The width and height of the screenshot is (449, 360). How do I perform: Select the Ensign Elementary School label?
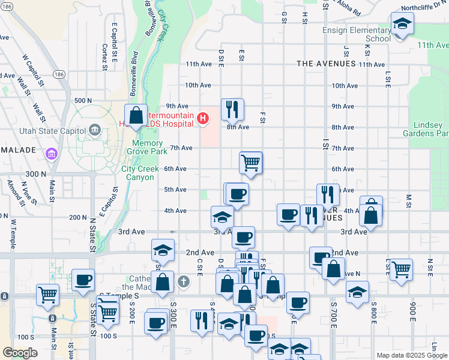(x=356, y=34)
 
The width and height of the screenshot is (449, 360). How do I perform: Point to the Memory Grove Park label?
(x=145, y=148)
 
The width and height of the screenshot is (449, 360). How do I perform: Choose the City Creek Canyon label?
(x=141, y=173)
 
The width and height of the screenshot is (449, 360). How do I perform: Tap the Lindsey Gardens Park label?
(x=431, y=129)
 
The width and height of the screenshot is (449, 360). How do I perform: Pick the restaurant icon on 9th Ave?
(x=232, y=109)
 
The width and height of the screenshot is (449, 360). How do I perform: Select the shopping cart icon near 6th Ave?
(x=250, y=162)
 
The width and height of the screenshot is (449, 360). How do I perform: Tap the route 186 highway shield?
(x=59, y=74)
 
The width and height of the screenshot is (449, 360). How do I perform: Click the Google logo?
(x=20, y=353)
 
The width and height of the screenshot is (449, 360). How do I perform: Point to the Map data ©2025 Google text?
(x=411, y=355)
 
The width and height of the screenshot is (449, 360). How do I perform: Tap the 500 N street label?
(x=82, y=100)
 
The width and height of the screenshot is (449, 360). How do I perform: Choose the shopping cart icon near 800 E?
(x=400, y=268)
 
